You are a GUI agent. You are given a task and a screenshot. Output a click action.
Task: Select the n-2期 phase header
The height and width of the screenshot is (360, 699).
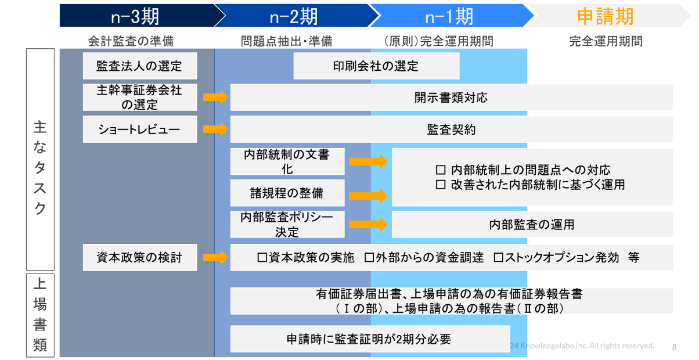pyautogui.click(x=293, y=16)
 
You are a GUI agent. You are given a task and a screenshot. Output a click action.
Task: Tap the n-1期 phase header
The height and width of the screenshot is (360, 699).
pyautogui.click(x=448, y=16)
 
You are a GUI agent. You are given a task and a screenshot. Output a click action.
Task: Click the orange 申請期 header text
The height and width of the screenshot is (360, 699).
pyautogui.click(x=605, y=16)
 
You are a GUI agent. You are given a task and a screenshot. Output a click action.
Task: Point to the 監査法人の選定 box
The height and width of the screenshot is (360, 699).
pyautogui.click(x=139, y=66)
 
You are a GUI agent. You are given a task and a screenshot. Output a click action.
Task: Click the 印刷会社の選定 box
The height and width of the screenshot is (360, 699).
pyautogui.click(x=376, y=66)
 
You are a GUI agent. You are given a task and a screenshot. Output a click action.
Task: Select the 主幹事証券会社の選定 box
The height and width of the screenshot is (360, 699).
pyautogui.click(x=139, y=98)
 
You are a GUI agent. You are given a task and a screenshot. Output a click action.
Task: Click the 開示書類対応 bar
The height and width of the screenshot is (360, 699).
pyautogui.click(x=451, y=98)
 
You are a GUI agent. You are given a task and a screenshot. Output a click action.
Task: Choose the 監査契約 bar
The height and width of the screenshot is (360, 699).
pyautogui.click(x=451, y=129)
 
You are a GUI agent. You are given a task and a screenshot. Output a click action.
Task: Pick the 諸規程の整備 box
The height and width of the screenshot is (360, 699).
pyautogui.click(x=287, y=193)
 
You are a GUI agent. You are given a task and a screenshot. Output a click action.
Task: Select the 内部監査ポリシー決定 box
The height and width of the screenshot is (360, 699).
pyautogui.click(x=287, y=225)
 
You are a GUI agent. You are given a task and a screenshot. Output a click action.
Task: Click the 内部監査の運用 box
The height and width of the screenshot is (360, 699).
pyautogui.click(x=532, y=225)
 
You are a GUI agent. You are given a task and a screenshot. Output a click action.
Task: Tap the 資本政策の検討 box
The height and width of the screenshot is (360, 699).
pyautogui.click(x=139, y=257)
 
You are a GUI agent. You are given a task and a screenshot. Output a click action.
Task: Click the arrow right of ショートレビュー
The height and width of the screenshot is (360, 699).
pyautogui.click(x=215, y=129)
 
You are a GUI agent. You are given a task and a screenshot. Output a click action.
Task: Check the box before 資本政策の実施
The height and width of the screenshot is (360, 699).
pyautogui.click(x=262, y=258)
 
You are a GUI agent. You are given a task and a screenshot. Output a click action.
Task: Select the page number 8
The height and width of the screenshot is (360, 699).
pyautogui.click(x=674, y=347)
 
